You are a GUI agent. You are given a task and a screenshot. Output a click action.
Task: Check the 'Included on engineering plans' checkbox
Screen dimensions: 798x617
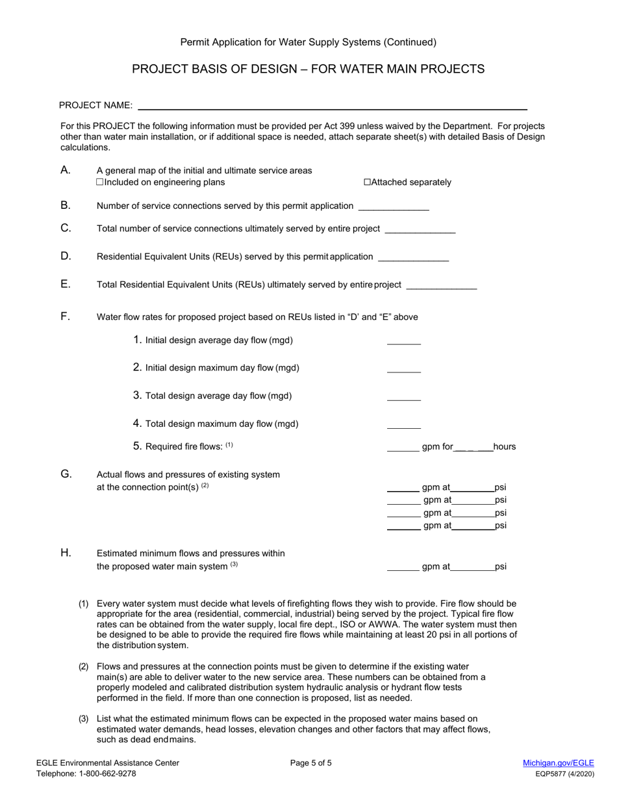[100, 182]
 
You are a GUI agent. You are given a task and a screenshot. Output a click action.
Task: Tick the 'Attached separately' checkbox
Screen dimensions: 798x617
[368, 182]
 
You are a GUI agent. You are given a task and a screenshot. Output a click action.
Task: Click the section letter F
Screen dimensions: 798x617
[65, 317]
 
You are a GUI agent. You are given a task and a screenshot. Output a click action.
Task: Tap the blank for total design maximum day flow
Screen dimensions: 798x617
[404, 425]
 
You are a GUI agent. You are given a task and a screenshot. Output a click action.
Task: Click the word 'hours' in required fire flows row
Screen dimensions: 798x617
[505, 447]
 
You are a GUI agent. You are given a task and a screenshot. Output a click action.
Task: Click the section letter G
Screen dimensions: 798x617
[66, 474]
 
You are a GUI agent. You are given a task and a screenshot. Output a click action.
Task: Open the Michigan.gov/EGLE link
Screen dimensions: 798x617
[558, 764]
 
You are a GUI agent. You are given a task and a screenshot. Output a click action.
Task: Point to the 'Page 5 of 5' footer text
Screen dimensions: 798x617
[311, 764]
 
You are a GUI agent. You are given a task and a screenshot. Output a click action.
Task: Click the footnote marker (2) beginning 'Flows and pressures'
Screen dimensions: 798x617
[84, 667]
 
